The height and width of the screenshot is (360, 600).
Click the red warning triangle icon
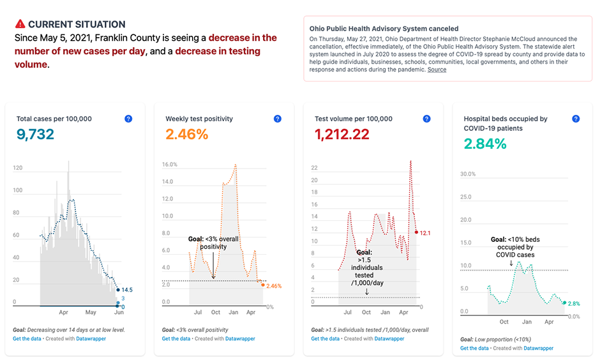(20, 24)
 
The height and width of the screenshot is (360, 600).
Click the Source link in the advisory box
(437, 70)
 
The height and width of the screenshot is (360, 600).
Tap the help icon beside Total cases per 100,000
(128, 119)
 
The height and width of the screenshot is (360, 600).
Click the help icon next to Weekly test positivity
(278, 119)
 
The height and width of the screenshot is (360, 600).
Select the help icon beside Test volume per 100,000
(426, 119)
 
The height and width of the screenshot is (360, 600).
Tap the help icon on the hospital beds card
(576, 119)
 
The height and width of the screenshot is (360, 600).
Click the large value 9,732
(36, 135)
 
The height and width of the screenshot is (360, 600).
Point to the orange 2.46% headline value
(187, 135)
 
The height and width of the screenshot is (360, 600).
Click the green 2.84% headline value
(485, 144)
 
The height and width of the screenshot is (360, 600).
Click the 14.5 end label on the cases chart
(127, 290)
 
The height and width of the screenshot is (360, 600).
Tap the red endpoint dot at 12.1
(416, 232)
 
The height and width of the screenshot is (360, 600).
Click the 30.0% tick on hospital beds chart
(468, 174)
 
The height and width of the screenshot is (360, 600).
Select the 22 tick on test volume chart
(314, 168)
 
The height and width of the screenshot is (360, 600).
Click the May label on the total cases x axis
(91, 312)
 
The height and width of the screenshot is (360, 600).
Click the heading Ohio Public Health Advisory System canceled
(384, 29)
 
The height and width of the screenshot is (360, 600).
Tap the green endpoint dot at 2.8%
(564, 303)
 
